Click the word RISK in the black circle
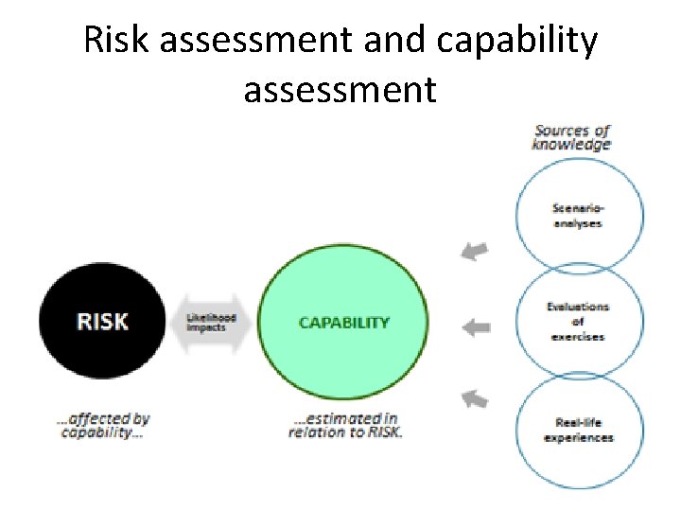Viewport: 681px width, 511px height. pos(101,322)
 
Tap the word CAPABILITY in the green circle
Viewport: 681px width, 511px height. pos(343,322)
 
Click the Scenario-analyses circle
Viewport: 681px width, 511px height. pos(577,216)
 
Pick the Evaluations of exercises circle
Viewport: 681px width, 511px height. pos(577,322)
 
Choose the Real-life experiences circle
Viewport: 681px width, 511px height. pos(578,430)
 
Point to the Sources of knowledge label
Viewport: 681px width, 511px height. pos(571,137)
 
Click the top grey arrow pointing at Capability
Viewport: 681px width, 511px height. pos(476,251)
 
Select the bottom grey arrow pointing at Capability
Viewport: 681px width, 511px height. pos(476,399)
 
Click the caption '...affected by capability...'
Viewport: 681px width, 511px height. pos(105,425)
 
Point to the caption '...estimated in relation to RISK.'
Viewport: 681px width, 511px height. pos(344,425)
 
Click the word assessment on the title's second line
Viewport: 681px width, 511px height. pos(340,90)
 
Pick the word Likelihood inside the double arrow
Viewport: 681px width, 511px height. pos(211,317)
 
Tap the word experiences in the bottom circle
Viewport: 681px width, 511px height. pos(578,437)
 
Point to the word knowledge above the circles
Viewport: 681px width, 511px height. pos(571,145)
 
